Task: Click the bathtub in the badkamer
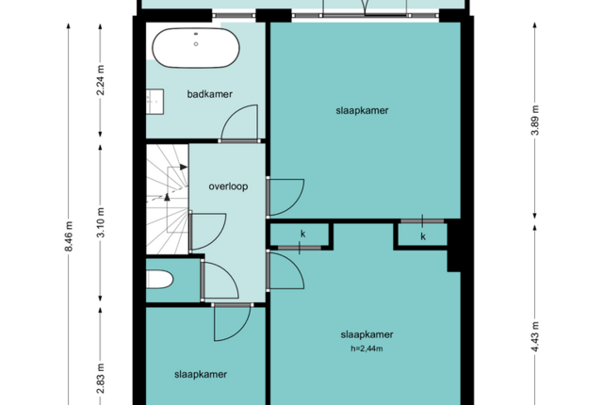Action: pos(196,48)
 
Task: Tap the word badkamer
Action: pos(209,94)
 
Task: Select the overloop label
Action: pos(228,186)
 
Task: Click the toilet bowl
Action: pos(159,280)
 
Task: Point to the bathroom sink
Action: pos(155,102)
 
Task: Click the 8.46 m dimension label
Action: pos(69,236)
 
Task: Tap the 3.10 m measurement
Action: pos(101,222)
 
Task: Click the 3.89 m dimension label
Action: pos(535,120)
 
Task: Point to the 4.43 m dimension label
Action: pos(535,336)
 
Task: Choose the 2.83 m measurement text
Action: pos(101,379)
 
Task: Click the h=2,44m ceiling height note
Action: pos(367,348)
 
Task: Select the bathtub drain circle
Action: pos(196,44)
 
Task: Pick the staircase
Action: pos(168,199)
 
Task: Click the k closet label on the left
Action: pos(303,234)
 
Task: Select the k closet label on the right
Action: pos(423,236)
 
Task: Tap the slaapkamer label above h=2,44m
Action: pos(367,334)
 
